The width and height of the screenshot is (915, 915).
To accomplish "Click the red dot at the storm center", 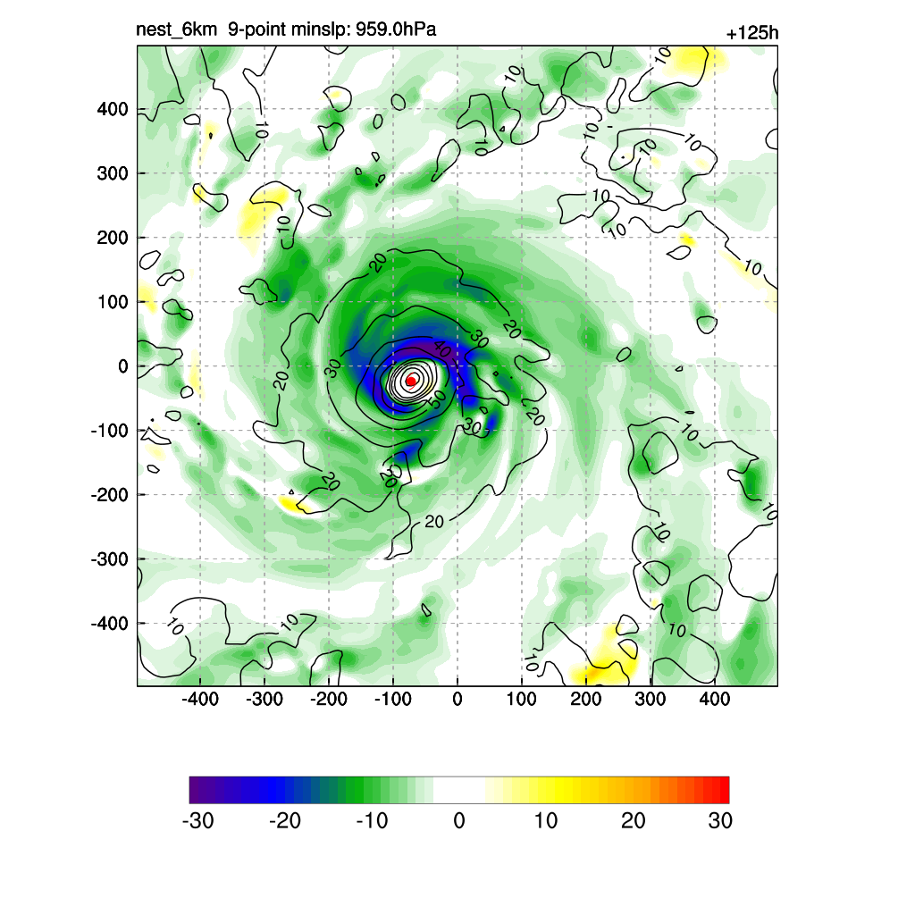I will pyautogui.click(x=411, y=381).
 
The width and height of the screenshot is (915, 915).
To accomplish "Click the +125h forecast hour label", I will pyautogui.click(x=752, y=34).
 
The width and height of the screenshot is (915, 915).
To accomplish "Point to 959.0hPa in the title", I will pyautogui.click(x=395, y=30).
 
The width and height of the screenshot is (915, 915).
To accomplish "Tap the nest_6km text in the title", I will pyautogui.click(x=176, y=30).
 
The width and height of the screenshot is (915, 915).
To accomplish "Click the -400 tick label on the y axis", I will pyautogui.click(x=109, y=623).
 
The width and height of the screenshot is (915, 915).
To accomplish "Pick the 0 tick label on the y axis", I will pyautogui.click(x=123, y=366).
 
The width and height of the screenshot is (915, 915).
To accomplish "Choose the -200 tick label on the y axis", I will pyautogui.click(x=109, y=494).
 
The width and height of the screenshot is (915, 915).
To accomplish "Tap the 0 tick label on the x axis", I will pyautogui.click(x=457, y=698).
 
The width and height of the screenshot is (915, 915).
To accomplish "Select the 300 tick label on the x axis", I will pyautogui.click(x=651, y=698).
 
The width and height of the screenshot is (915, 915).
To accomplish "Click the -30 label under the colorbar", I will pyautogui.click(x=197, y=821).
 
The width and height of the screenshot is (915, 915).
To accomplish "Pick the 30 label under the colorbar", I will pyautogui.click(x=720, y=821).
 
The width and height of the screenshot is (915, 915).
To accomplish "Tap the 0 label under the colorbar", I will pyautogui.click(x=459, y=821).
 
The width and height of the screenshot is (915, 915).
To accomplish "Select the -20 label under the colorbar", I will pyautogui.click(x=284, y=821).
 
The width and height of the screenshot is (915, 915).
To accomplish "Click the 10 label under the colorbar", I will pyautogui.click(x=546, y=821).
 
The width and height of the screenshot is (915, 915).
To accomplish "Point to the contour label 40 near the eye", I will pyautogui.click(x=442, y=347).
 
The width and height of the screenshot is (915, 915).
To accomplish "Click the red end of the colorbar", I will pyautogui.click(x=722, y=790).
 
